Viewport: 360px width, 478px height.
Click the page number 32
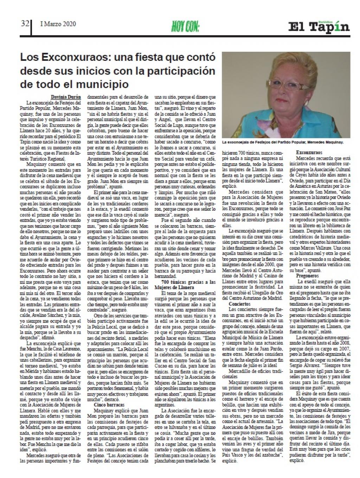click(25, 24)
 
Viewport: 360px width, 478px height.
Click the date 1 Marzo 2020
click(58, 24)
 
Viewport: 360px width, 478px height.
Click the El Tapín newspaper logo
click(319, 27)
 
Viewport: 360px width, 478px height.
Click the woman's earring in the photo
click(306, 102)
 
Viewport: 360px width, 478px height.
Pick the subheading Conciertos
click(240, 304)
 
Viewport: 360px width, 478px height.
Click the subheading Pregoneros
click(307, 276)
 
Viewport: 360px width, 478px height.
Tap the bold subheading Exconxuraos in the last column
click(309, 153)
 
